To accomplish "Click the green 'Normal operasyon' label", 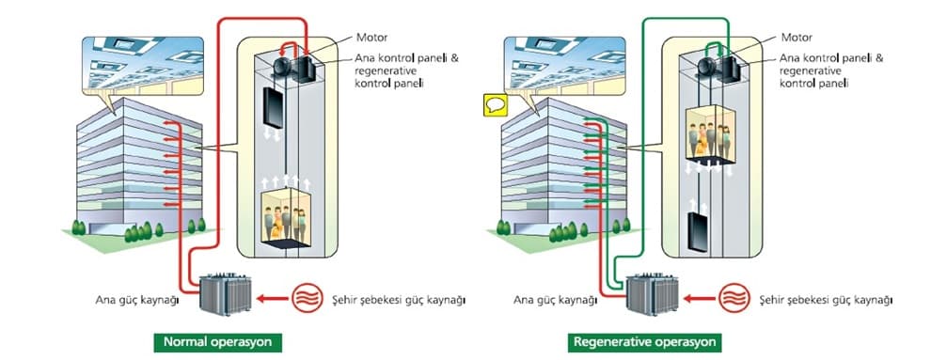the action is pyautogui.click(x=218, y=342).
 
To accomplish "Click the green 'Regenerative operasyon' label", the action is pyautogui.click(x=645, y=342).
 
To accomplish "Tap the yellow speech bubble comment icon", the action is pyautogui.click(x=496, y=105).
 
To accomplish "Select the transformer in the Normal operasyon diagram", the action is pyautogui.click(x=225, y=294).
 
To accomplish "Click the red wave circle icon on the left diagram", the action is pyautogui.click(x=308, y=298).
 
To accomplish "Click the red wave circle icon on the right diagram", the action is pyautogui.click(x=734, y=298).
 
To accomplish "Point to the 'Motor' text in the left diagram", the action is pyautogui.click(x=371, y=38).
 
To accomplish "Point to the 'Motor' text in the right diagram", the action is pyautogui.click(x=797, y=38).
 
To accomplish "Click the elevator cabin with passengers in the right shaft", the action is pyautogui.click(x=710, y=134).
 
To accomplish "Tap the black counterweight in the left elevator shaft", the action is pyautogui.click(x=273, y=108).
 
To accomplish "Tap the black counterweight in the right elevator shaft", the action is pyautogui.click(x=697, y=232).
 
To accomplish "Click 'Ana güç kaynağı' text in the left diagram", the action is pyautogui.click(x=137, y=300).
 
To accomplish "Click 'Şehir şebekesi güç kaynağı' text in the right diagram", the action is pyautogui.click(x=826, y=300).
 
